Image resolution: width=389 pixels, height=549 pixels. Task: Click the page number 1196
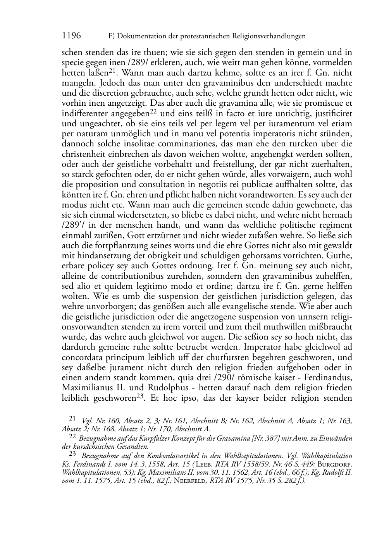point(71,36)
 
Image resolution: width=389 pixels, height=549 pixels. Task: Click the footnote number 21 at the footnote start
point(72,418)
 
